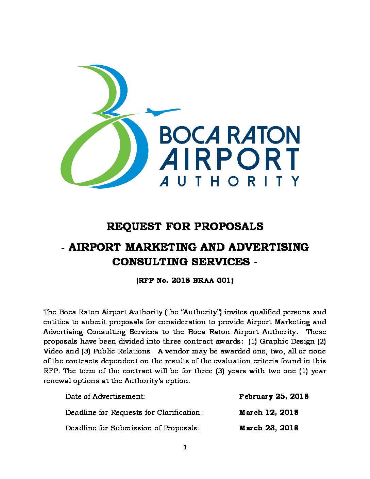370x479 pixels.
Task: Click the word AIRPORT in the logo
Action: pos(230,159)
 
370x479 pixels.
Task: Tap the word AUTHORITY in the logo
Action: pos(230,181)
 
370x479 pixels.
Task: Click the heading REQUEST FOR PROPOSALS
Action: pos(185,226)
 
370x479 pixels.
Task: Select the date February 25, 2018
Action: pos(274,396)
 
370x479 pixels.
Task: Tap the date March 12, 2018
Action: pos(269,412)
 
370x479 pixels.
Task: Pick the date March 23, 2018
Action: pos(269,428)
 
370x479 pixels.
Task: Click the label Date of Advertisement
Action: pos(105,396)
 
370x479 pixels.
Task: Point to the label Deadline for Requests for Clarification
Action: pos(134,412)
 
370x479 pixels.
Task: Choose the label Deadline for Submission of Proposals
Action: pos(132,428)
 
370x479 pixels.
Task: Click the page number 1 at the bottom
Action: pos(185,447)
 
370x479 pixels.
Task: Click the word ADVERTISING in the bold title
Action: pos(268,247)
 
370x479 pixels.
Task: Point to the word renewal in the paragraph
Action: pos(57,381)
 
